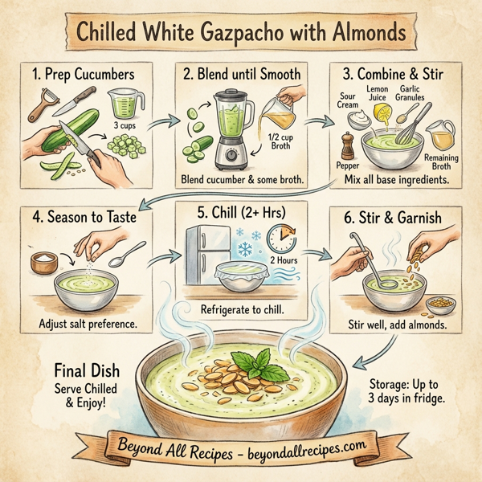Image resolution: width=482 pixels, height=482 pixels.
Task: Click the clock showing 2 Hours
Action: pyautogui.click(x=282, y=239)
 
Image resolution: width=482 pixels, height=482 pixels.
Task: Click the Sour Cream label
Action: pyautogui.click(x=348, y=99)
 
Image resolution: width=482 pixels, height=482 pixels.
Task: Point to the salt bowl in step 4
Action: pyautogui.click(x=43, y=262)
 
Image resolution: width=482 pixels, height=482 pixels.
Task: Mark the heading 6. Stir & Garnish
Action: pyautogui.click(x=394, y=218)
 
